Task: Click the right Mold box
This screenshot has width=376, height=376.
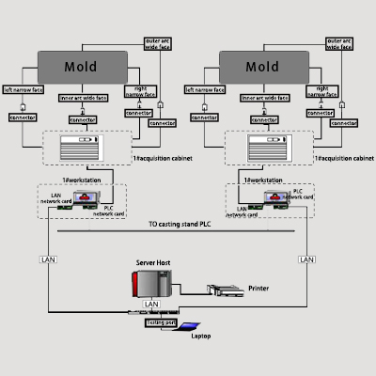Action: (x=262, y=68)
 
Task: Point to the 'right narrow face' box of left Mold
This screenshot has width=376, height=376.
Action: (x=137, y=92)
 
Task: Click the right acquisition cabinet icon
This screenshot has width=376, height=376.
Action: (x=266, y=149)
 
